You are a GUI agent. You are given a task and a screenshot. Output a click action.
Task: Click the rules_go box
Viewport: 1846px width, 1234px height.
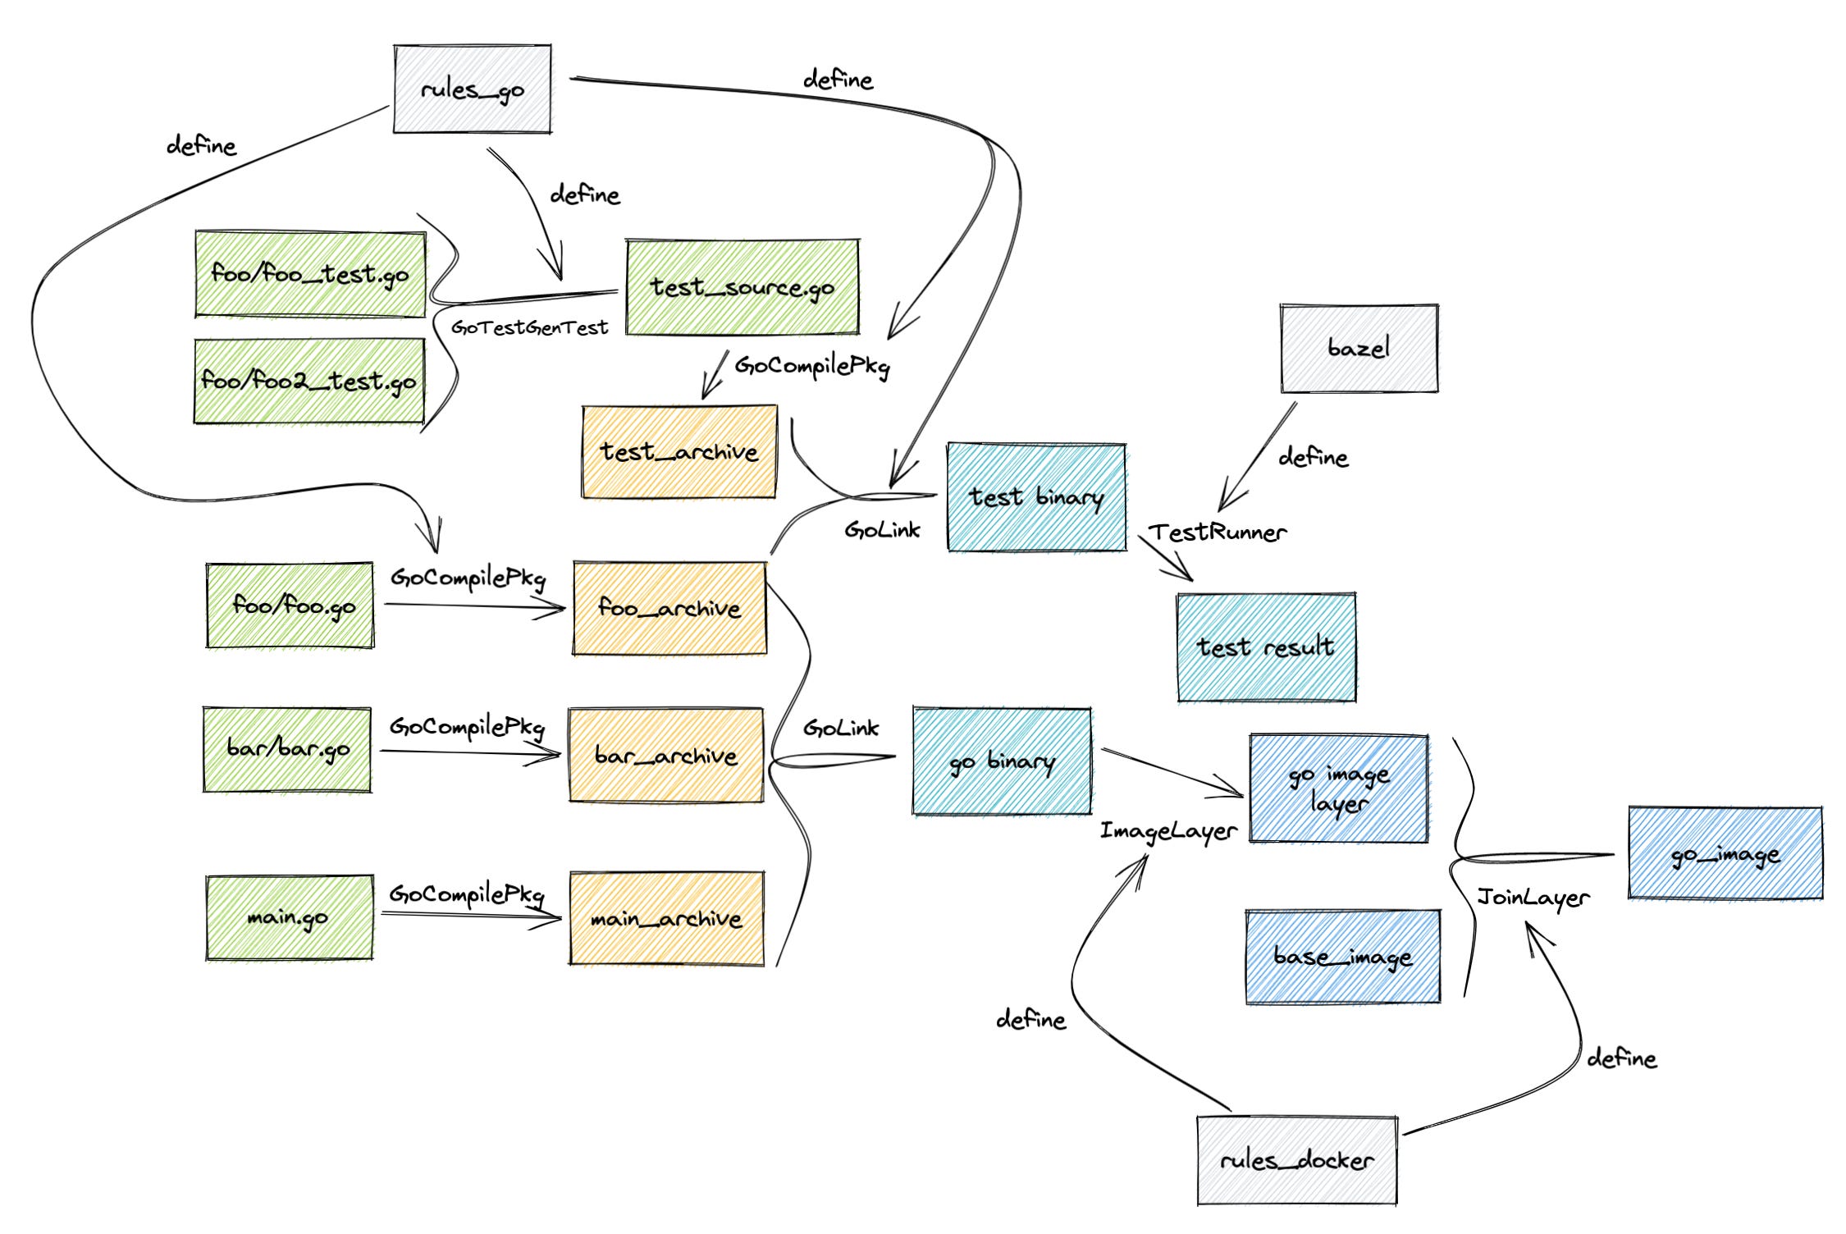tap(472, 89)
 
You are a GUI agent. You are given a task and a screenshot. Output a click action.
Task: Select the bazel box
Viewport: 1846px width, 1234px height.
tap(1359, 348)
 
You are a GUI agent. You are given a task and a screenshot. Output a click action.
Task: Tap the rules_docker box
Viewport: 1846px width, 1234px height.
tap(1296, 1160)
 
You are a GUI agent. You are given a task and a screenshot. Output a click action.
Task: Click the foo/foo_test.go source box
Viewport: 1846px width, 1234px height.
tap(310, 274)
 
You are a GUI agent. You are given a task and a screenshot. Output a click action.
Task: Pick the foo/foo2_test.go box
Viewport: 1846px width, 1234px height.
tap(309, 381)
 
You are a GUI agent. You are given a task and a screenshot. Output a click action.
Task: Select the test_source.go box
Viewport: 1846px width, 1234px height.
tap(743, 287)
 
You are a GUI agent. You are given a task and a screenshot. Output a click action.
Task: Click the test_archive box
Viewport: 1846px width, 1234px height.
tap(679, 451)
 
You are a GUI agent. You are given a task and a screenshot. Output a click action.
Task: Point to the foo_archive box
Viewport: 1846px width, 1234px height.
tap(669, 608)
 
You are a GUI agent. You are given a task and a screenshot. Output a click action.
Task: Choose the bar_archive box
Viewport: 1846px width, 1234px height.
tap(666, 755)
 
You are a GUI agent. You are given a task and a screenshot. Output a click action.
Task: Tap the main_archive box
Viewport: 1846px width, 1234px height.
tap(666, 918)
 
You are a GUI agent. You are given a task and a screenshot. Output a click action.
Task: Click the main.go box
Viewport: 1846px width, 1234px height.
tap(289, 916)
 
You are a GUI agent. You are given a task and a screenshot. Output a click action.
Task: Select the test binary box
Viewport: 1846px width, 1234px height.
tap(1036, 497)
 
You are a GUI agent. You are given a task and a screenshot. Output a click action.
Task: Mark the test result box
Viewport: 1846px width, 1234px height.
tap(1266, 647)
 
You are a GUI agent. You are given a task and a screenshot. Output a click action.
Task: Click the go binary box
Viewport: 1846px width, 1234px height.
tap(1002, 761)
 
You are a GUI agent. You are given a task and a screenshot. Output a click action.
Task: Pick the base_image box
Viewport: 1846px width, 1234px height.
tap(1343, 957)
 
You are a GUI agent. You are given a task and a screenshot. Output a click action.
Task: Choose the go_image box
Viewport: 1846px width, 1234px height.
tap(1725, 853)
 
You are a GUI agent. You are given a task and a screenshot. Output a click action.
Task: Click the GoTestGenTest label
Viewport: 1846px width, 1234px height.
tap(530, 327)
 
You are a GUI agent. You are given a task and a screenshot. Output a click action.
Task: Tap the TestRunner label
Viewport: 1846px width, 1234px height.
tap(1218, 532)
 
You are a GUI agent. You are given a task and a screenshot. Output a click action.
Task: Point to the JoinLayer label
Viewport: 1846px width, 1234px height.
tap(1533, 897)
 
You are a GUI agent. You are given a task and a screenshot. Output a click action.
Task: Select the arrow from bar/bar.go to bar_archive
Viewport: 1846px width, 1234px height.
tap(471, 753)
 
